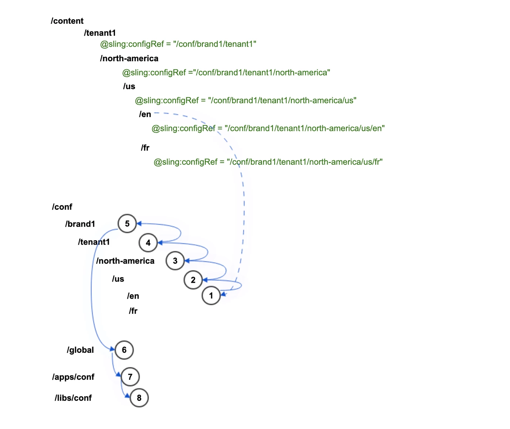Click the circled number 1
point(211,296)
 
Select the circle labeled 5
point(127,224)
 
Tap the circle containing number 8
point(139,398)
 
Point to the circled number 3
point(175,261)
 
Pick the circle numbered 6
point(124,350)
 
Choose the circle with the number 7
point(130,377)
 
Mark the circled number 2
point(193,280)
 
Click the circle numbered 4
point(148,243)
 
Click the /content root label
point(67,21)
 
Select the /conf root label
point(62,207)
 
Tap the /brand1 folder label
point(80,224)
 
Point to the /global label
point(80,350)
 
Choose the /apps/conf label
point(73,377)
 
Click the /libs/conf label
point(73,398)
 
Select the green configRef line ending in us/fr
point(268,162)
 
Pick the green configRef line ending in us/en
point(268,128)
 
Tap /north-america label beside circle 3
point(125,261)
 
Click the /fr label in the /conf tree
point(133,311)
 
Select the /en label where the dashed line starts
point(145,114)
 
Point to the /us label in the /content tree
point(129,86)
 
